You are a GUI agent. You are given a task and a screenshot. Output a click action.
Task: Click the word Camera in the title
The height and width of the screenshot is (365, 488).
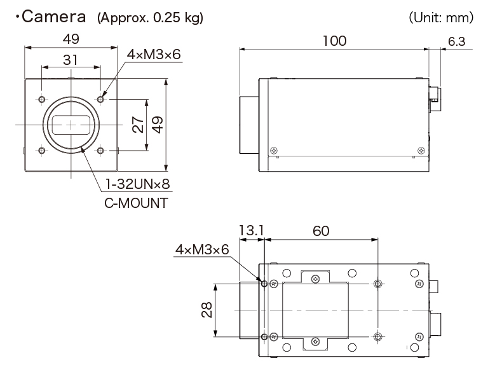coord(55,17)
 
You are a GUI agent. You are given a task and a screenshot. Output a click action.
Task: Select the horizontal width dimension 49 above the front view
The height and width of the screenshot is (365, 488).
coord(71,39)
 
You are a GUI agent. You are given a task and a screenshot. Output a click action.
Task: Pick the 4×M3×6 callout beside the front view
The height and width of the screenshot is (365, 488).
coord(154,55)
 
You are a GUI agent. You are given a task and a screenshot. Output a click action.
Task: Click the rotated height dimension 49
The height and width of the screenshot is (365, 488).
coord(156,124)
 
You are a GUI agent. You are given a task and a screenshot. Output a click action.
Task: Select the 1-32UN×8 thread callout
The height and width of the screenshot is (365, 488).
coord(141,185)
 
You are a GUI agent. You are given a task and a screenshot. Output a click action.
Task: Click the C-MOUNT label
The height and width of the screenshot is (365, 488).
coord(136,203)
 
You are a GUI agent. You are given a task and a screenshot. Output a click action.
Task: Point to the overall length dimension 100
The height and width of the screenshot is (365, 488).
coord(334,41)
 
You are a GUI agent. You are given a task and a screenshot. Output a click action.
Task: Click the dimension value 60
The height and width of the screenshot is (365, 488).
coord(322,231)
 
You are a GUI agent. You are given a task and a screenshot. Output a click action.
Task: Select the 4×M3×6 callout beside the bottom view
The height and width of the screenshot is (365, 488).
coord(201,250)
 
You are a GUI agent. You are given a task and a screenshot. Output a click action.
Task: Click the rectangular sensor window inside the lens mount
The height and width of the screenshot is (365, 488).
coord(71,125)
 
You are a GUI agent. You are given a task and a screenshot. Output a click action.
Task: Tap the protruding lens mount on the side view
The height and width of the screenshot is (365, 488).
coord(248,125)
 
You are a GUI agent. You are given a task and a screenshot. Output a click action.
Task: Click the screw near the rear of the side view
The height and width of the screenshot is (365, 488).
coord(421,150)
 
